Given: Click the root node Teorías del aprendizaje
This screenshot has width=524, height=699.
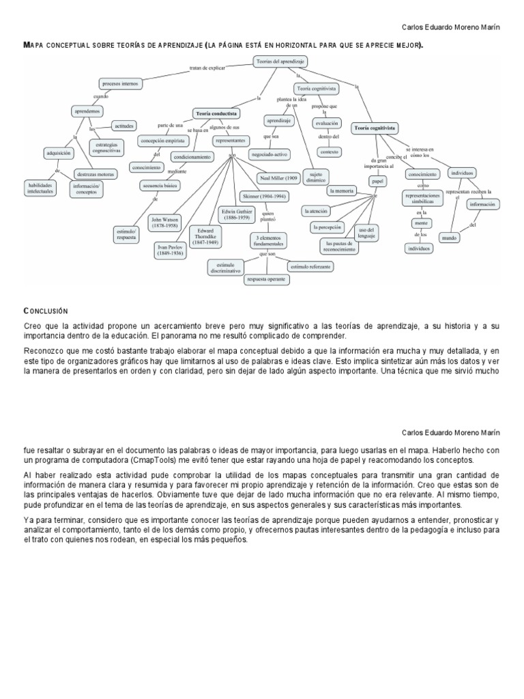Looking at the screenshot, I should click(x=280, y=61).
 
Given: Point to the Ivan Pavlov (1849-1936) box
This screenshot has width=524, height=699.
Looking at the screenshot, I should click(x=171, y=250).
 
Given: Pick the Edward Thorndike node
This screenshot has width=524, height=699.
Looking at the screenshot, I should click(x=205, y=236).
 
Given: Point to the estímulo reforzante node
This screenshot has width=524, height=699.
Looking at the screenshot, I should click(x=310, y=266).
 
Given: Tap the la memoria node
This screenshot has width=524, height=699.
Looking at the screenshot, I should click(x=341, y=190).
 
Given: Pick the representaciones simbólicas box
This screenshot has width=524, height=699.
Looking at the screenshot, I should click(x=423, y=201).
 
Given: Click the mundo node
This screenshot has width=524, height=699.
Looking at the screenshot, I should click(x=450, y=238).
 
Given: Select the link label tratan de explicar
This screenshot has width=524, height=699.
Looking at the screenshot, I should click(x=207, y=68).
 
